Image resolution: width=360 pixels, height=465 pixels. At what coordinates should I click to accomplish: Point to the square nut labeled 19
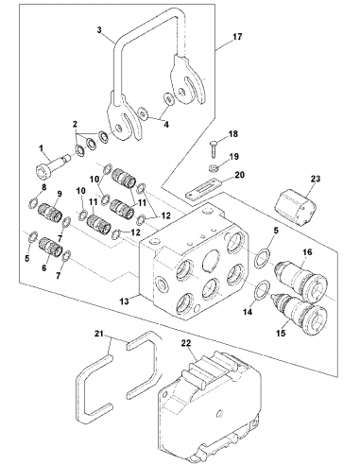tap(214, 170)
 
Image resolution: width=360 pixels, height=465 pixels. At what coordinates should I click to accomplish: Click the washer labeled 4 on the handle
tap(167, 98)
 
